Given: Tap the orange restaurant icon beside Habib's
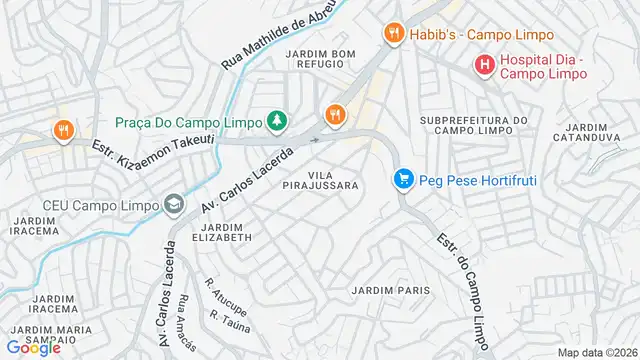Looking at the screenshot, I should pyautogui.click(x=394, y=32).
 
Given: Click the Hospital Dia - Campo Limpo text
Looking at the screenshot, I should pyautogui.click(x=547, y=67).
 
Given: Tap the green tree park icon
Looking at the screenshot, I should pyautogui.click(x=277, y=121).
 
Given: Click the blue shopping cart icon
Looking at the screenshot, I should pyautogui.click(x=404, y=179).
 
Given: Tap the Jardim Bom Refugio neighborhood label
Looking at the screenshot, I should pyautogui.click(x=320, y=59).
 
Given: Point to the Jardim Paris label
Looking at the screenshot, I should pyautogui.click(x=390, y=290).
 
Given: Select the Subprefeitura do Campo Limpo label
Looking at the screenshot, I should pyautogui.click(x=473, y=126).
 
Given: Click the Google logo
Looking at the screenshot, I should pyautogui.click(x=33, y=347).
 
